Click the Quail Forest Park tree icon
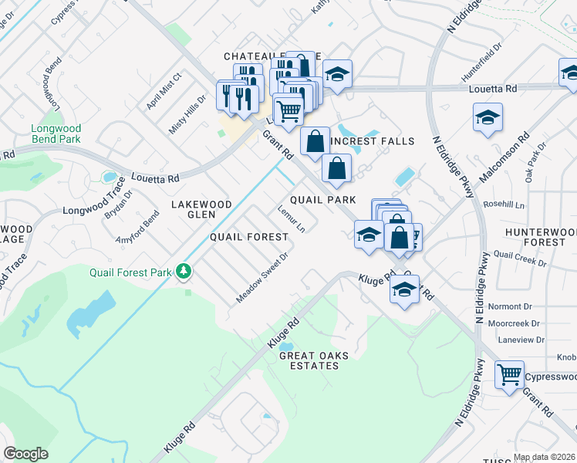(x=184, y=271)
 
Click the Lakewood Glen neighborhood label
(x=201, y=209)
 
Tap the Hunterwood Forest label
(x=541, y=237)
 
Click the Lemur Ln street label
(x=291, y=218)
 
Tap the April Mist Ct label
(x=163, y=90)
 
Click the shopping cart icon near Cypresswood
(x=509, y=375)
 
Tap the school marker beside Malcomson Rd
(x=488, y=117)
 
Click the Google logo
(x=25, y=454)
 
